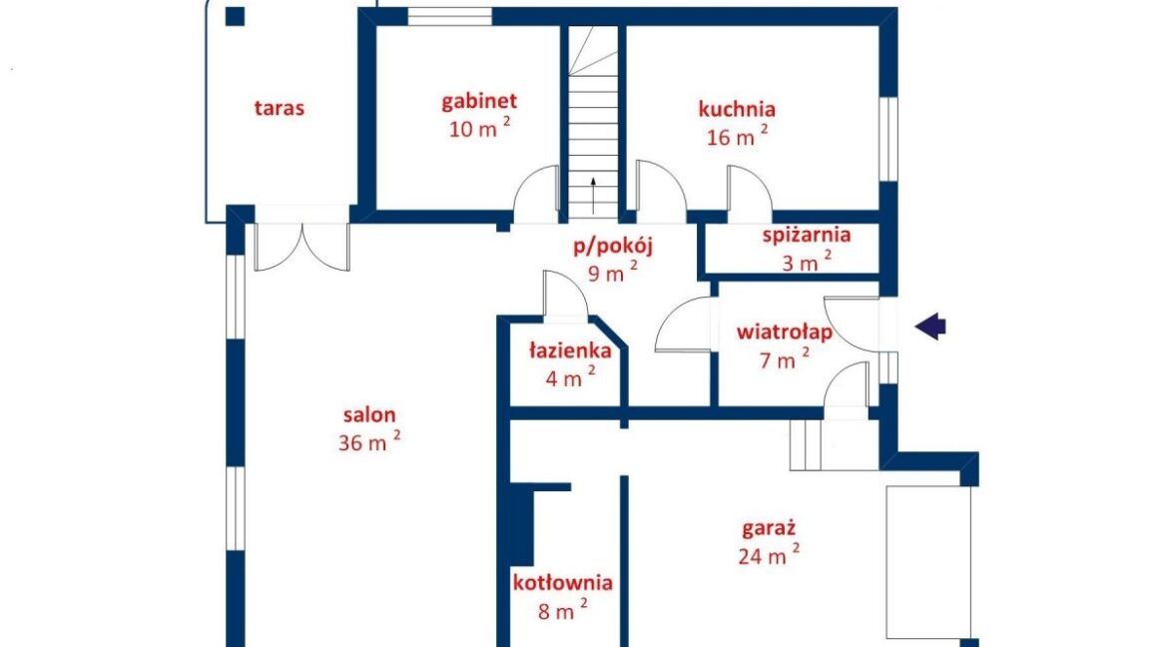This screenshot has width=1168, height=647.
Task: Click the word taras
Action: [280, 108]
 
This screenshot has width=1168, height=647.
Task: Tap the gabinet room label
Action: [479, 102]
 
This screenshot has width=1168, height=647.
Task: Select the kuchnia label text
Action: [737, 109]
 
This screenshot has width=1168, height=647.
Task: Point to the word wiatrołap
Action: [785, 331]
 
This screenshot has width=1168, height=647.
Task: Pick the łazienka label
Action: [570, 350]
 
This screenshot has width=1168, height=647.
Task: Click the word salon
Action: [369, 415]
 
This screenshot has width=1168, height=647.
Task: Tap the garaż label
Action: [769, 529]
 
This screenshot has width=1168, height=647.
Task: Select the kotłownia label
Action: [562, 583]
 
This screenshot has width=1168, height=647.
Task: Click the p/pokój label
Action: [612, 246]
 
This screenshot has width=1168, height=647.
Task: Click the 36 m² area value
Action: [369, 441]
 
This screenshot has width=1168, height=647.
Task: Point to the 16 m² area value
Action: [737, 137]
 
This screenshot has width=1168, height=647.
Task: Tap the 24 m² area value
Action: [769, 555]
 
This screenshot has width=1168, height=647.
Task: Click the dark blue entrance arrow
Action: [930, 325]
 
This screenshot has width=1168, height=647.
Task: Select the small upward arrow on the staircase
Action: [593, 196]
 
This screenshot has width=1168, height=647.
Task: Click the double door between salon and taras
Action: [302, 246]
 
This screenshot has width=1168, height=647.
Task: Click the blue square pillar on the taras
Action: [235, 16]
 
